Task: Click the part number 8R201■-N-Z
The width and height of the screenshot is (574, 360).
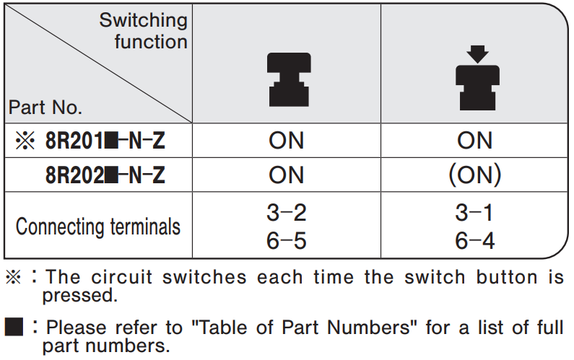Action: [x=105, y=141]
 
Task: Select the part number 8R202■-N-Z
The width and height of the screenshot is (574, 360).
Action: [x=105, y=175]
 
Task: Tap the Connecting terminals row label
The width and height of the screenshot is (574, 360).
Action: [x=98, y=227]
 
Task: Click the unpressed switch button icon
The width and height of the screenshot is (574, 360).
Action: [x=289, y=80]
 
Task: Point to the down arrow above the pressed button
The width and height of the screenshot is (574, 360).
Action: [x=478, y=54]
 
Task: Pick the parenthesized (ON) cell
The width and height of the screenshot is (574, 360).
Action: [x=475, y=175]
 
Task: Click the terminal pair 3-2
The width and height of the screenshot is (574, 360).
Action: [x=287, y=213]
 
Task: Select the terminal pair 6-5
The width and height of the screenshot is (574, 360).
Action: [x=287, y=241]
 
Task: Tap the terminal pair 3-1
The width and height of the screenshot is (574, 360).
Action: [x=474, y=213]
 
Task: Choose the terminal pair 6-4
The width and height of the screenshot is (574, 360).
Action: [x=475, y=241]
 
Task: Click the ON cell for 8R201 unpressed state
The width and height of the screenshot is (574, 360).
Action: [x=286, y=141]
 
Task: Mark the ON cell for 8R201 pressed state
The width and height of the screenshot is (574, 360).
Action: [x=475, y=141]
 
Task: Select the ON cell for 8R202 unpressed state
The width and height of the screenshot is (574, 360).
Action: [x=286, y=175]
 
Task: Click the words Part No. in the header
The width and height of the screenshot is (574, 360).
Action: [x=45, y=107]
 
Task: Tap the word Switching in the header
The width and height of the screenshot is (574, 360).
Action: [x=144, y=20]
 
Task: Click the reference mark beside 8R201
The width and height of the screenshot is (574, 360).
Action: [x=25, y=141]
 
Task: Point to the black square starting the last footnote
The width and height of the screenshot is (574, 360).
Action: [x=14, y=327]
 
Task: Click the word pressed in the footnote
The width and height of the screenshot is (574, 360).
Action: [x=80, y=296]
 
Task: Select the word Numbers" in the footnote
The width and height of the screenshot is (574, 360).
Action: [x=372, y=328]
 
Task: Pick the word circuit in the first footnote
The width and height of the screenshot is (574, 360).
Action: [x=121, y=277]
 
